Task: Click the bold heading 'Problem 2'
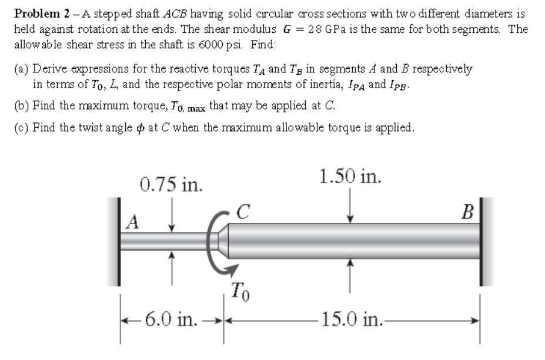tap(39, 13)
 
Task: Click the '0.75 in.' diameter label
tap(172, 185)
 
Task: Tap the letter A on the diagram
tap(133, 222)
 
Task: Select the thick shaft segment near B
tap(353, 240)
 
